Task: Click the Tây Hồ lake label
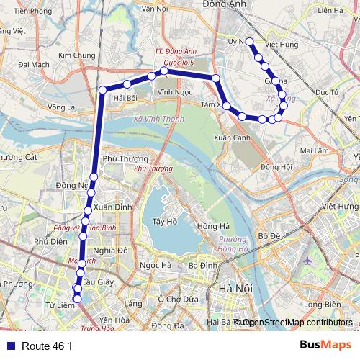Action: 165,222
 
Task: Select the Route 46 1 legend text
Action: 48,346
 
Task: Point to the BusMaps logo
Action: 325,346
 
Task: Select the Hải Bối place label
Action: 125,98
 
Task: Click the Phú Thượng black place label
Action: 125,159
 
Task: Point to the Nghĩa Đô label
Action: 109,251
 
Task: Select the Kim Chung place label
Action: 77,55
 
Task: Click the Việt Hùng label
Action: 282,45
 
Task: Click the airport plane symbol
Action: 307,261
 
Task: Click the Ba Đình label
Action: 203,265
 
